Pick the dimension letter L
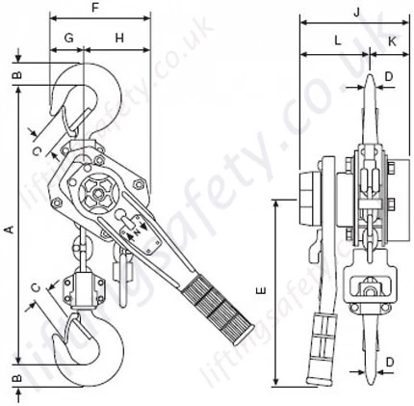click(337, 41)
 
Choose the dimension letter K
click(393, 41)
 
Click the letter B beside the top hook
click(17, 73)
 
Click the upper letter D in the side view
click(389, 73)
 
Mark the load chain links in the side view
click(367, 223)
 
